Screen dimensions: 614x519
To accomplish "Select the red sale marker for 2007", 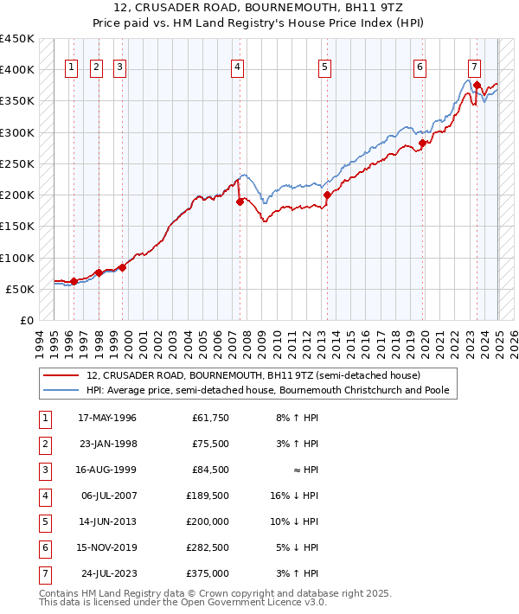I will [x=240, y=201].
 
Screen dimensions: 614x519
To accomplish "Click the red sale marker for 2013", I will [x=327, y=195].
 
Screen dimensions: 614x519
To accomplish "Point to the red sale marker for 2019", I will [x=422, y=144].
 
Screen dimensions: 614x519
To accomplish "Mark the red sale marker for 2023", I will [x=477, y=85].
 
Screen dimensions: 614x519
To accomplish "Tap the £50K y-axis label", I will [x=20, y=289].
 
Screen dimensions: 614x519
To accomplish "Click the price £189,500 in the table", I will [x=210, y=496].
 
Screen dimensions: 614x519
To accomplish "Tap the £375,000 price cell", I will [x=210, y=573].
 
